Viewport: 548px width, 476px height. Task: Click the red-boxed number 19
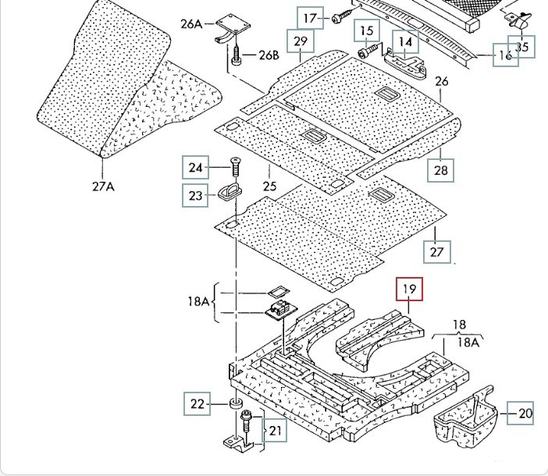(410, 290)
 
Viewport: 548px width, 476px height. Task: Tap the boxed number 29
(300, 41)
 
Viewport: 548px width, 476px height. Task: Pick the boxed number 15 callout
(367, 32)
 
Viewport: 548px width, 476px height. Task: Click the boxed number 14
(406, 41)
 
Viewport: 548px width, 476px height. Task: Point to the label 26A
(191, 24)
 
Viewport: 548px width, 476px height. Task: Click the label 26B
(268, 55)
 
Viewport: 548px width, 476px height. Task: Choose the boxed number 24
(195, 167)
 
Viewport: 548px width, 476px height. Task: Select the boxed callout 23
(195, 194)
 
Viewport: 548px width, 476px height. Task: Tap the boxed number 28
(441, 171)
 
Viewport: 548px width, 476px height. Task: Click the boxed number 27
(437, 251)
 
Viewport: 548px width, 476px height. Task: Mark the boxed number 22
(197, 403)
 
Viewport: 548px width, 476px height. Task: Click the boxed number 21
(274, 429)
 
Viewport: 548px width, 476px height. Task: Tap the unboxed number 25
(270, 186)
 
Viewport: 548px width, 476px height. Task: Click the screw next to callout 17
(341, 17)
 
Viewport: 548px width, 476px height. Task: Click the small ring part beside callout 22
(233, 404)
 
